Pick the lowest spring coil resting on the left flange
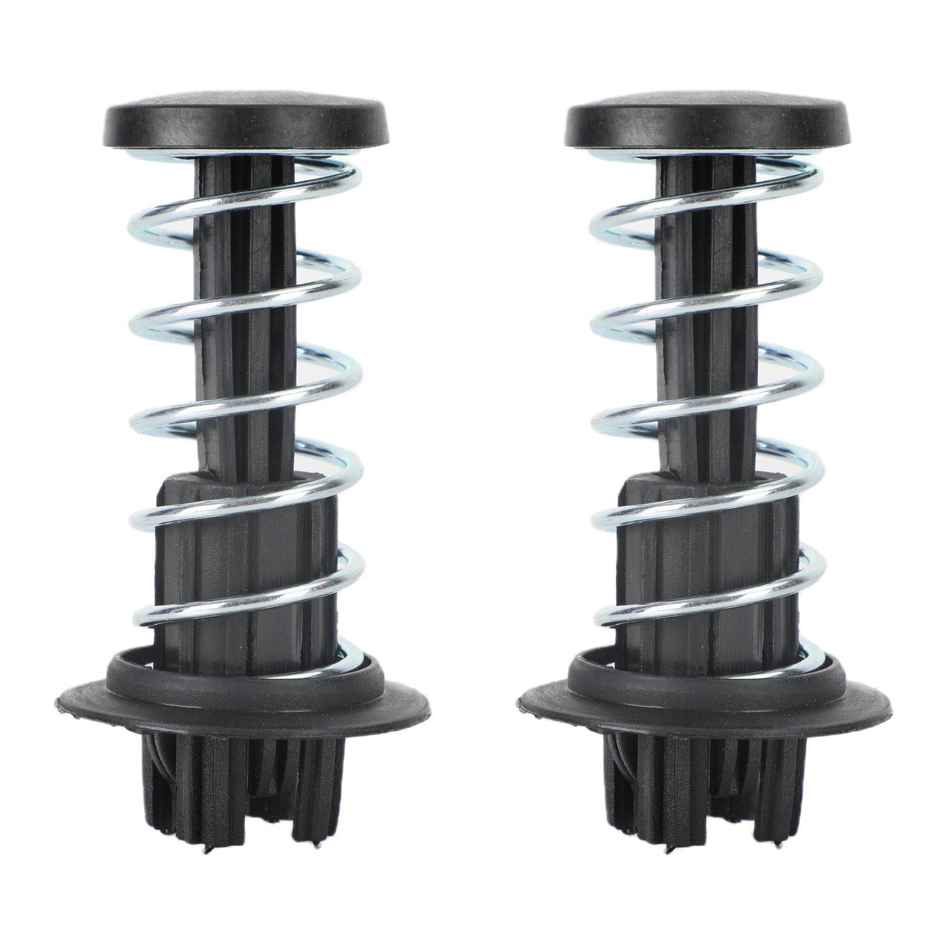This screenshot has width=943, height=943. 351,654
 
